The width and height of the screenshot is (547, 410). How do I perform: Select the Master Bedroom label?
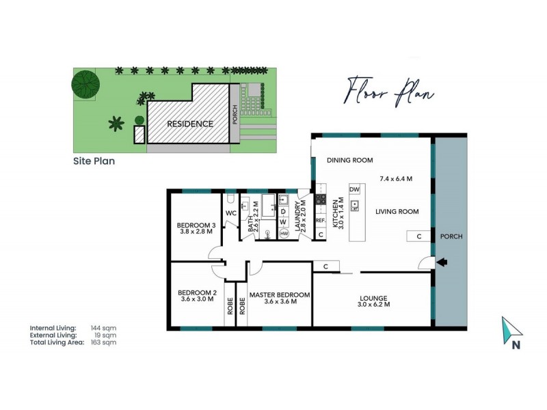[x=279, y=295]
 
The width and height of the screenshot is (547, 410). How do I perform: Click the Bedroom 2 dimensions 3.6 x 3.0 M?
[x=196, y=299]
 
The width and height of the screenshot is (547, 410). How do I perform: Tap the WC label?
[x=230, y=213]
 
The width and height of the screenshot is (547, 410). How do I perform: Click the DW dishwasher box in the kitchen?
[x=354, y=189]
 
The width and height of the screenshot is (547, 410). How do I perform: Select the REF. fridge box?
[x=320, y=221]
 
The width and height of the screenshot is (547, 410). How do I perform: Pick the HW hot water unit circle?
[x=283, y=234]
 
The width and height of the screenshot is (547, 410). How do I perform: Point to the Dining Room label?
[x=349, y=161]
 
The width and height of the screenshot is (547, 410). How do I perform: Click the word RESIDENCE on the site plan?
[x=181, y=124]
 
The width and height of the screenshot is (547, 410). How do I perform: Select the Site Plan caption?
[x=94, y=162]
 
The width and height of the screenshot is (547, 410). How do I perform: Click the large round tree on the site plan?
[x=86, y=85]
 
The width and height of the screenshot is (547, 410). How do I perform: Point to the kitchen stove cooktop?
[x=320, y=200]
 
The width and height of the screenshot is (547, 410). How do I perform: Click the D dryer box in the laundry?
[x=283, y=210]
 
